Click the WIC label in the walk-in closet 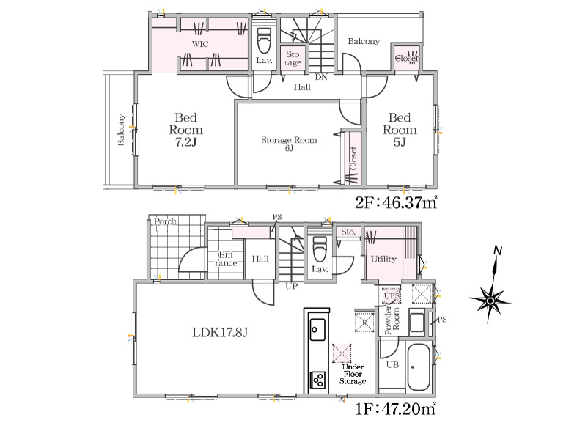[x=200, y=44]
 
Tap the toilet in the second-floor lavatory [x=264, y=40]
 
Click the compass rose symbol [x=490, y=301]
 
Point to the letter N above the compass [x=498, y=251]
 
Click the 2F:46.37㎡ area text [x=397, y=202]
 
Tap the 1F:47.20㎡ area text [x=396, y=409]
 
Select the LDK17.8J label [x=220, y=332]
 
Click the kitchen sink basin [x=317, y=329]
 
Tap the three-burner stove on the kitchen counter [x=317, y=380]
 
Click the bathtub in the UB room [x=419, y=367]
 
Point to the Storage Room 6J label [x=289, y=143]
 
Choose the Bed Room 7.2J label [x=186, y=130]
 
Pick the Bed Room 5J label [x=400, y=130]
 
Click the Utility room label [x=383, y=259]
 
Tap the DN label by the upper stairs [x=321, y=77]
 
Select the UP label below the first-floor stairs [x=292, y=287]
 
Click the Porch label [x=165, y=221]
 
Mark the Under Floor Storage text [x=353, y=374]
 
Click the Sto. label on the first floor [x=348, y=232]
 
